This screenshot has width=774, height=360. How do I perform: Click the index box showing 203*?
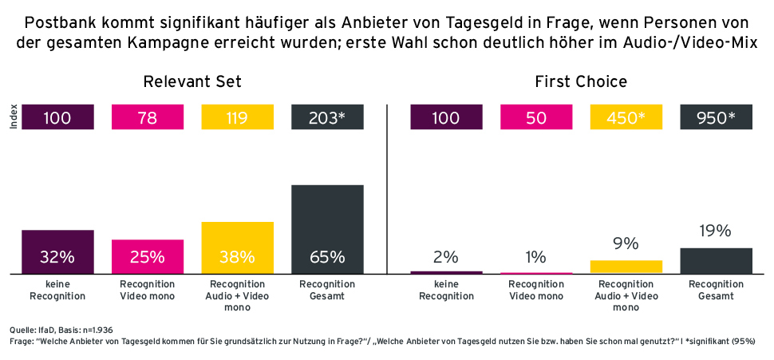328,118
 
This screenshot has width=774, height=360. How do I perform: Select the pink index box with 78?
148,118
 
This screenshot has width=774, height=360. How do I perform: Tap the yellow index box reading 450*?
626,118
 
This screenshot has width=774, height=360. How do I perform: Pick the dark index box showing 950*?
716,118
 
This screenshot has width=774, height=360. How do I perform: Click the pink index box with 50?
536,118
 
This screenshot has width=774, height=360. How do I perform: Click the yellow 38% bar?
238,248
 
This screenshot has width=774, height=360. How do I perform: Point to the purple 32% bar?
57,252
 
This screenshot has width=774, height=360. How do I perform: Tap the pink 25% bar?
148,257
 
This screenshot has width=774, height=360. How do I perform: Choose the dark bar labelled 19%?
716,261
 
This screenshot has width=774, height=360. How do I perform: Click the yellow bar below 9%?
626,267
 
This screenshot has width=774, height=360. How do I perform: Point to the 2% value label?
446,257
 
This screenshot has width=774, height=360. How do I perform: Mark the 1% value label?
536,257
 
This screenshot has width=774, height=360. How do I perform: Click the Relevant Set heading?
192,81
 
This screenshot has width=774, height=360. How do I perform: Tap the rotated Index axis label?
13,118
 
